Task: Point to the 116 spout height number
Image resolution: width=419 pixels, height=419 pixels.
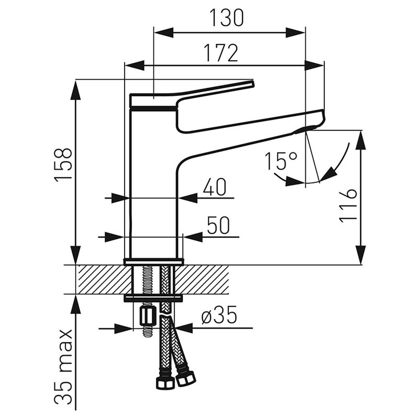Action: point(347,205)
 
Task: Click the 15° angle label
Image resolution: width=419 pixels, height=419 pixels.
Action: point(281,161)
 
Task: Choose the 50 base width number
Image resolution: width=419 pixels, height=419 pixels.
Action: point(218,226)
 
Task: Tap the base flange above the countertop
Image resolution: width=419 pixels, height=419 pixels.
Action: point(154,261)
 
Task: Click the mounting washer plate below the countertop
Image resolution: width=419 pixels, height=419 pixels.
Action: point(153,298)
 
